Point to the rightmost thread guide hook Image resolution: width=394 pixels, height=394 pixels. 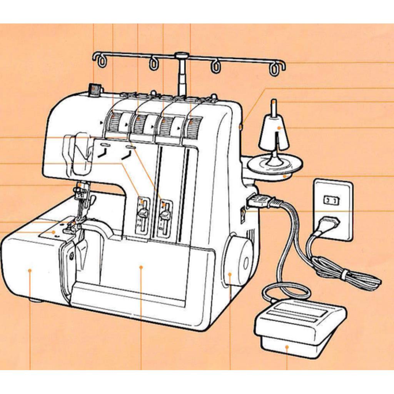275,69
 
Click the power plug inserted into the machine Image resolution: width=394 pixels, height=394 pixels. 259,202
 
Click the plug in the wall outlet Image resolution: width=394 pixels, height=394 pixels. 329,223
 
